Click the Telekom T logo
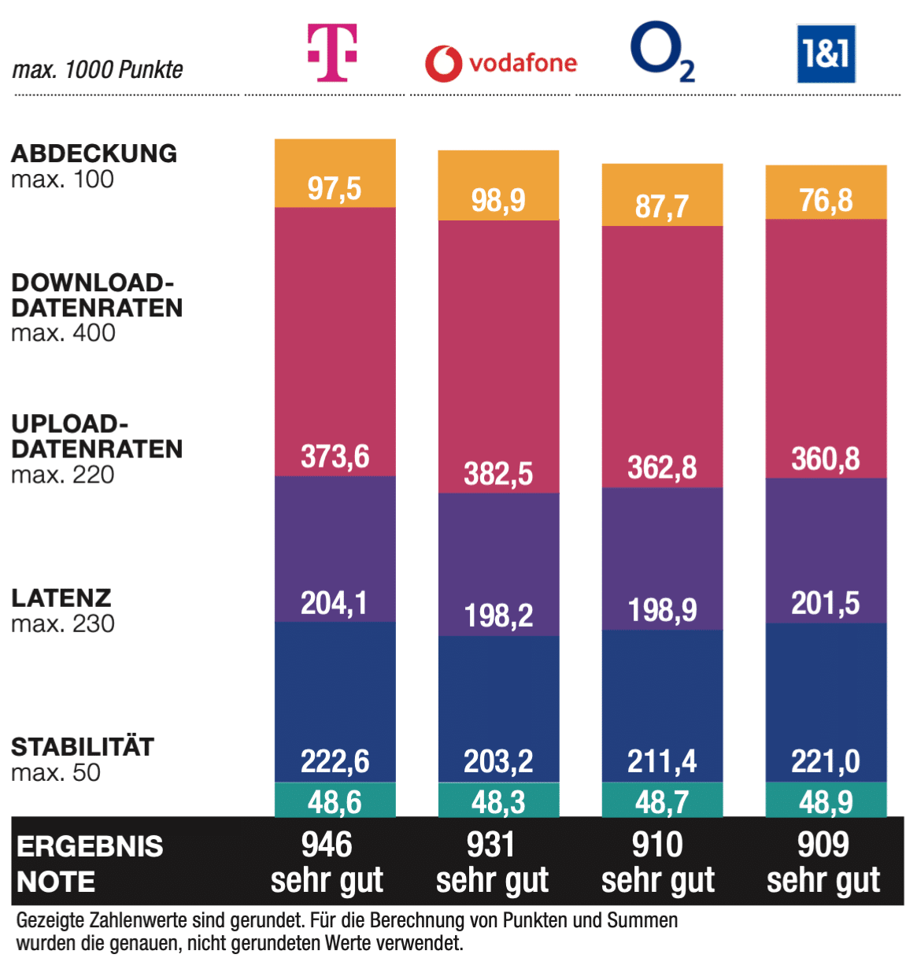point(332,52)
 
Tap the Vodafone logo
point(501,63)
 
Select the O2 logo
point(662,52)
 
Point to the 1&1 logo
point(826,54)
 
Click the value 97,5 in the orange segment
point(335,189)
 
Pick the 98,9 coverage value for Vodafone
point(498,201)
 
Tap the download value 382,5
point(498,474)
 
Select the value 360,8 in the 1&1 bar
point(826,459)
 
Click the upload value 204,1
point(335,603)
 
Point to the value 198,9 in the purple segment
point(662,610)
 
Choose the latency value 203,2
point(498,761)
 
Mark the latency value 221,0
point(826,761)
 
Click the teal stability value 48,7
point(662,802)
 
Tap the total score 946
point(327,845)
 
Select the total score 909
point(823,845)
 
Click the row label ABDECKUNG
point(94,154)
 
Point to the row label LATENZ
point(61,597)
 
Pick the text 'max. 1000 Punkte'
point(98,70)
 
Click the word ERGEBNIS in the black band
point(90,846)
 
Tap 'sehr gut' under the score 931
point(492,880)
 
